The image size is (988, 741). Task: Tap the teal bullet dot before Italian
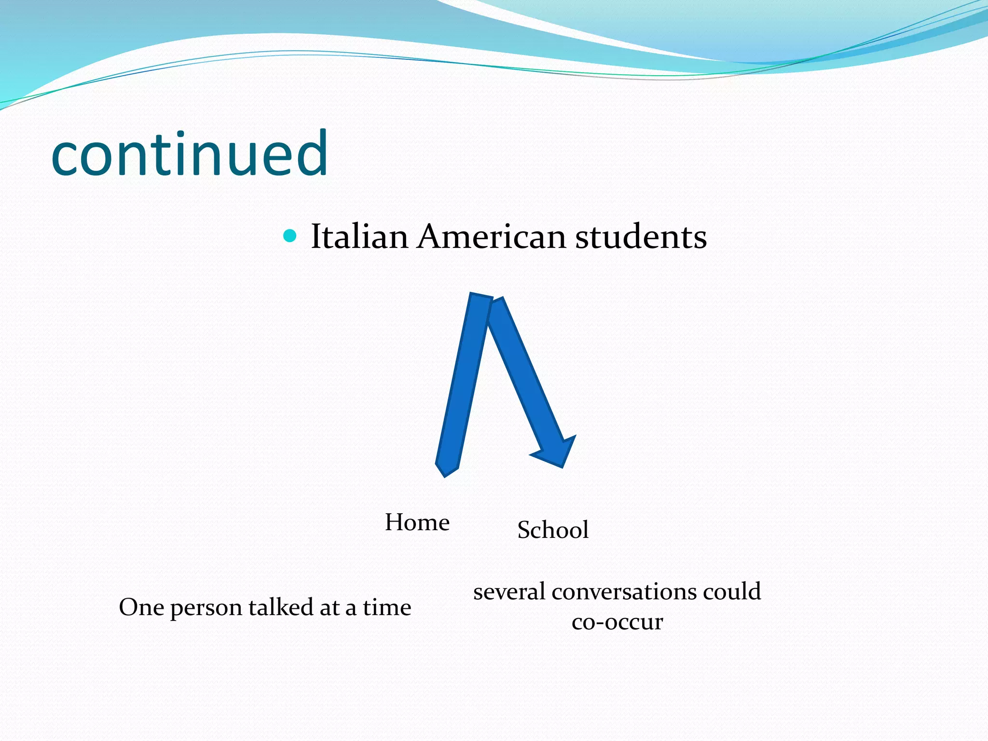289,236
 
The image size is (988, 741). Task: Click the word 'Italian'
359,236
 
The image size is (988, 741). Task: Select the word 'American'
491,236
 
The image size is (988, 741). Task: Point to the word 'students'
641,236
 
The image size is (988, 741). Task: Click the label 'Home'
417,522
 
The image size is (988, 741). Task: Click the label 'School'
553,530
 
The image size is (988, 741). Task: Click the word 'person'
206,608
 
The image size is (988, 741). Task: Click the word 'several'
509,592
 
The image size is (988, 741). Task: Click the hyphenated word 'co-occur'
617,622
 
